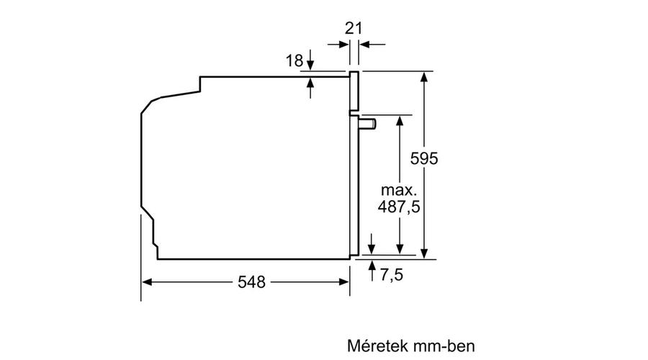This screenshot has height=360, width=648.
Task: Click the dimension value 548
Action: pos(251,282)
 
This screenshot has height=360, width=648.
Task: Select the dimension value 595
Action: pos(423,158)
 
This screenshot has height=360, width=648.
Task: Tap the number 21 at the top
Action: pos(354,29)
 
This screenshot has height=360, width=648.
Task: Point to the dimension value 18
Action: pos(294,60)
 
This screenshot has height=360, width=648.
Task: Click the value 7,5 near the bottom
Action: pos(391,275)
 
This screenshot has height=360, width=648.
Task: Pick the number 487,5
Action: pos(399,207)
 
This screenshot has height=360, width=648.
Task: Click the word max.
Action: pos(399,190)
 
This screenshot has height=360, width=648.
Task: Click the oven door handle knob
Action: pos(368,123)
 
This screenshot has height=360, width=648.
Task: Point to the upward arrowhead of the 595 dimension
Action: pos(424,76)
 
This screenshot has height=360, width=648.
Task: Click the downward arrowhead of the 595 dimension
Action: pos(424,253)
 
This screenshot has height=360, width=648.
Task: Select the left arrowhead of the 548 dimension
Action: pos(147,282)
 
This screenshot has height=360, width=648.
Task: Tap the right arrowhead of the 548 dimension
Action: pos(344,282)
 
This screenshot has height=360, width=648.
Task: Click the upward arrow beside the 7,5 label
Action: pos(372,271)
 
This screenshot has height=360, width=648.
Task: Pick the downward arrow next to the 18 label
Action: pos(310,60)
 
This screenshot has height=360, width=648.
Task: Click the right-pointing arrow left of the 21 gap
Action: pos(338,44)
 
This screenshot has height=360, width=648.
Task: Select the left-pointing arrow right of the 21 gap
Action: pos(372,44)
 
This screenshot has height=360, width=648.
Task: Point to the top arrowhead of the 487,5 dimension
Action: pos(400,121)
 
